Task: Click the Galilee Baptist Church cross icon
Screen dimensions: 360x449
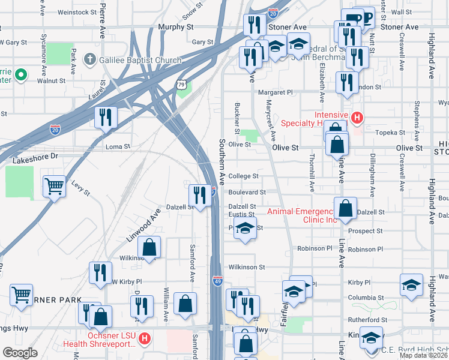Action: [x=89, y=59]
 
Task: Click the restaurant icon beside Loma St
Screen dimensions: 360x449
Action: [x=106, y=116]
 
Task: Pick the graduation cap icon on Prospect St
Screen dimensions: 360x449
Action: [x=244, y=229]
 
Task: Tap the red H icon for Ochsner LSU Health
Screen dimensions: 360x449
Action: [x=144, y=340]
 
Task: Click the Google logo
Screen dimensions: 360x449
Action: [x=20, y=353]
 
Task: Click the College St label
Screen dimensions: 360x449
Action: [x=243, y=176]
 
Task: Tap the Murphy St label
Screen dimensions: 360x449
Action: [x=176, y=27]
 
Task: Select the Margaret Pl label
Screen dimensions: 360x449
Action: [x=275, y=92]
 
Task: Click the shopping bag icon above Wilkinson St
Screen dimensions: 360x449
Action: [x=149, y=247]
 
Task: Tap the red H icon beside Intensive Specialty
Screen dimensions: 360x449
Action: [x=357, y=118]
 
